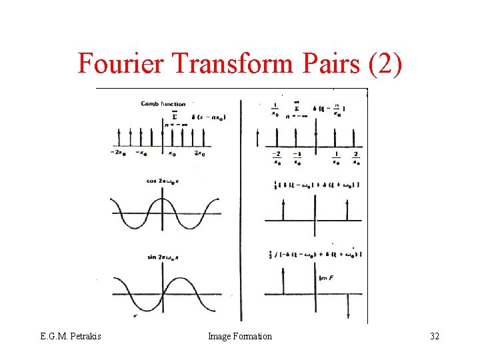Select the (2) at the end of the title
click(385, 64)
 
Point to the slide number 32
click(434, 337)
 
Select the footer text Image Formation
click(240, 337)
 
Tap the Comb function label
click(163, 104)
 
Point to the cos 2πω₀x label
click(163, 180)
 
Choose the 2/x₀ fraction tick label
click(356, 157)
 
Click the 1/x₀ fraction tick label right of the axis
click(336, 157)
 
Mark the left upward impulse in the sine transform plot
click(283, 283)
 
